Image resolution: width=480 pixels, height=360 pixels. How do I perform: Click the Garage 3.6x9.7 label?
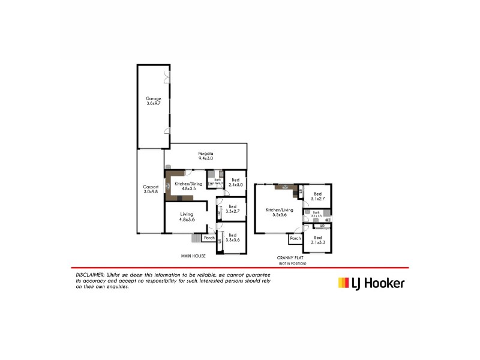pyautogui.click(x=154, y=101)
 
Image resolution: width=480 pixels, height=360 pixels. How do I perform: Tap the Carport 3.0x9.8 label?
pyautogui.click(x=150, y=189)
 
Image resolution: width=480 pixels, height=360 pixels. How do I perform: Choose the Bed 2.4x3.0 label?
pyautogui.click(x=235, y=182)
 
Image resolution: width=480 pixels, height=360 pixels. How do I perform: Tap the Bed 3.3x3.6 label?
pyautogui.click(x=232, y=238)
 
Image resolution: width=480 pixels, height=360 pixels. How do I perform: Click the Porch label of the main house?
pyautogui.click(x=209, y=238)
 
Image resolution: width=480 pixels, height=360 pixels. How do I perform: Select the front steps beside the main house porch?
pyautogui.click(x=196, y=238)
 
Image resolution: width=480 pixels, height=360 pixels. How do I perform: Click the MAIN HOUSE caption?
pyautogui.click(x=194, y=256)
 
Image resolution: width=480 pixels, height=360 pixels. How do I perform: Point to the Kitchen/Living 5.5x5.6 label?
pyautogui.click(x=279, y=212)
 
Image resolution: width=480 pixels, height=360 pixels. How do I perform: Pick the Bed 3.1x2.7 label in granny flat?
pyautogui.click(x=318, y=196)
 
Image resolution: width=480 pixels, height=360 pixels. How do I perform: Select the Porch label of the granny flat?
pyautogui.click(x=295, y=239)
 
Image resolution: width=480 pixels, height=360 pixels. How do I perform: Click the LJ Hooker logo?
pyautogui.click(x=371, y=283)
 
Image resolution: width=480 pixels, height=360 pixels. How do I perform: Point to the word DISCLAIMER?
pyautogui.click(x=88, y=274)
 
